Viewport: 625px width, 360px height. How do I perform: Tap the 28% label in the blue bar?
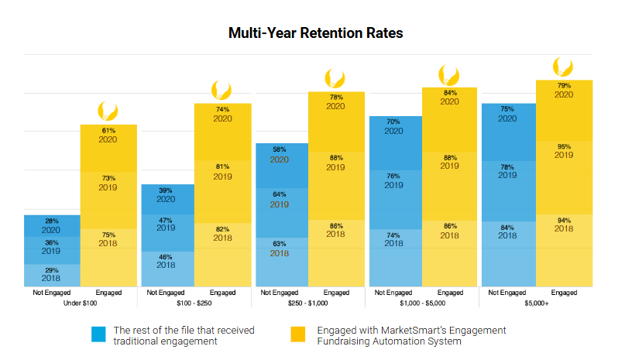point(51,221)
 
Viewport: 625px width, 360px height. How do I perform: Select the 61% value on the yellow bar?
point(109,131)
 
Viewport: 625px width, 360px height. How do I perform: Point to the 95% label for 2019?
point(564,146)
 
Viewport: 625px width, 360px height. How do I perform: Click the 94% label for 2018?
point(564,220)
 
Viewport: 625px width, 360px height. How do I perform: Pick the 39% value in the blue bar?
point(166,190)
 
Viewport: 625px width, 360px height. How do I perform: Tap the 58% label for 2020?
point(279,149)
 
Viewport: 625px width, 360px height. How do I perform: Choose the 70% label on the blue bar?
point(393,122)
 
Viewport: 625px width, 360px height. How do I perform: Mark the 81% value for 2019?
point(222,166)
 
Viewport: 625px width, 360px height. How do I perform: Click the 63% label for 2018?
point(279,244)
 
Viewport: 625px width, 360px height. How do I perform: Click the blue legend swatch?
point(98,334)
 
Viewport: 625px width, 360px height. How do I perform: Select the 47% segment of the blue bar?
point(166,223)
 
